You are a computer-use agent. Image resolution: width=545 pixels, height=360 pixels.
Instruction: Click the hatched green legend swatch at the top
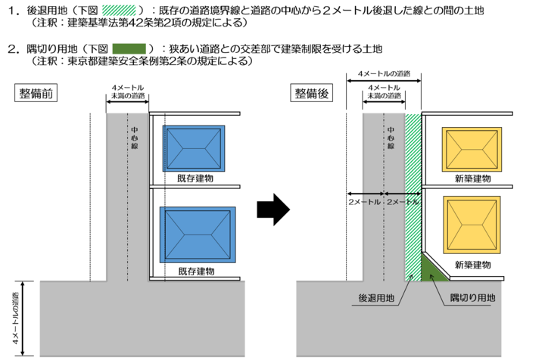[x=119, y=10]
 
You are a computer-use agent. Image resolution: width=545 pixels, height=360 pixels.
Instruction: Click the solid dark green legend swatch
[x=129, y=48]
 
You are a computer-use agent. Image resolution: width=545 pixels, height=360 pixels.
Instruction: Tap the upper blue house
[x=194, y=147]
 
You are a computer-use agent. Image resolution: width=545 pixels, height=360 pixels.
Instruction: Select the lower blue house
[x=198, y=234]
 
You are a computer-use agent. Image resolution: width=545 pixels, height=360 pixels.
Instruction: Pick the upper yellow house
[x=472, y=150]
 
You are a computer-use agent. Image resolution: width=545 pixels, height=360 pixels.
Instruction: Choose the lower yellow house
[x=472, y=225]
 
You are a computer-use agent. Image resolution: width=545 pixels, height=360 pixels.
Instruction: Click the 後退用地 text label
[x=376, y=298]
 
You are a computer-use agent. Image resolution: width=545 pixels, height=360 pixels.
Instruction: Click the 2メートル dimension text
[x=403, y=203]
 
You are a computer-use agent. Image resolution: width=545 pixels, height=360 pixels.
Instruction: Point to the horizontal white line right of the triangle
[x=477, y=278]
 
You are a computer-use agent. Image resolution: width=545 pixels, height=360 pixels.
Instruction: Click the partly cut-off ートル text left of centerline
[x=370, y=203]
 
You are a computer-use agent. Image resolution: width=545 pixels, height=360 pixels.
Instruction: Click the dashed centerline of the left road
[x=128, y=227]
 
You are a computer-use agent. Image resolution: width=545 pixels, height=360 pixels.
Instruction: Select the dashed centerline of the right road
[x=385, y=242]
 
